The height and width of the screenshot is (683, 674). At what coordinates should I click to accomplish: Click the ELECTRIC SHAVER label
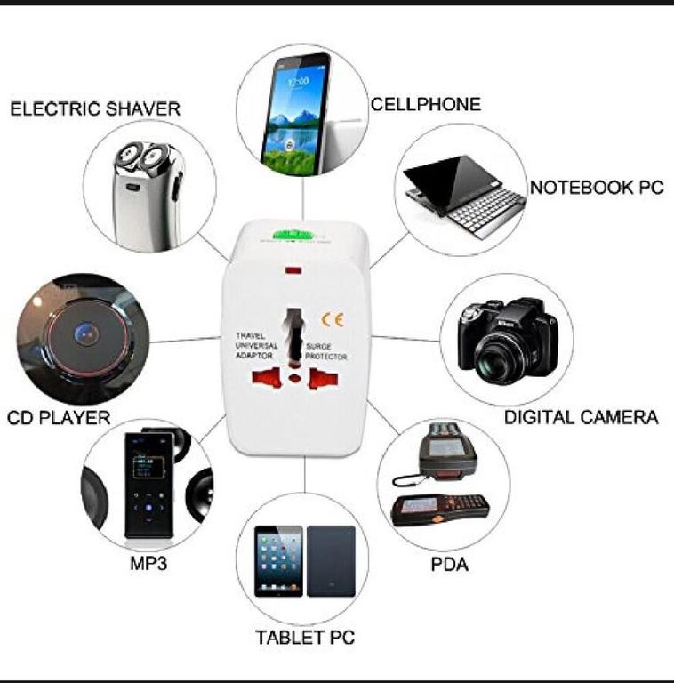point(95,108)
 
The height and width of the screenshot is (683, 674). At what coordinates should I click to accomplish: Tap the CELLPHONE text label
point(425,104)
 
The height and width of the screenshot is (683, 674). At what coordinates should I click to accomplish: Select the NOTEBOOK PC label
point(597,188)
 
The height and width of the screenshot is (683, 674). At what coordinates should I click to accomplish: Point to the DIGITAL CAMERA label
point(581,417)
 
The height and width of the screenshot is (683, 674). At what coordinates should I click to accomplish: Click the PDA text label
point(449,565)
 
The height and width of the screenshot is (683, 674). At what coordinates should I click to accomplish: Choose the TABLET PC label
point(305,638)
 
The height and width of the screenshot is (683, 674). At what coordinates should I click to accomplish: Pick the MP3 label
point(148,564)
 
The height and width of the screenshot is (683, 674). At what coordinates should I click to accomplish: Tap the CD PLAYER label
point(59,418)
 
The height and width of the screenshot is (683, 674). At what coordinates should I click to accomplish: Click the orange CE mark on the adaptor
point(333,320)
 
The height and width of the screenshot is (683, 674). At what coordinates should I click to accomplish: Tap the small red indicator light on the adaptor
point(293,270)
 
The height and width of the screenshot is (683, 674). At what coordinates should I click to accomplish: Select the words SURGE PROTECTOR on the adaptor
point(325,351)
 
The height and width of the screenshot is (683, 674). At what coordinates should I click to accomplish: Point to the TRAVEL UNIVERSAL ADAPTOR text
point(256,346)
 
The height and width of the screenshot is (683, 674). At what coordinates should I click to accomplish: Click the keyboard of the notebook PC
point(486,213)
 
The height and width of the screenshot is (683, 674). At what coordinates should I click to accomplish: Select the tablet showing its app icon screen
point(278,561)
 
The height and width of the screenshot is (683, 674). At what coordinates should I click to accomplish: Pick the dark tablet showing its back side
point(331,561)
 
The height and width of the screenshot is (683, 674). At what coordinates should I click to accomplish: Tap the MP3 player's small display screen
point(147,467)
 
